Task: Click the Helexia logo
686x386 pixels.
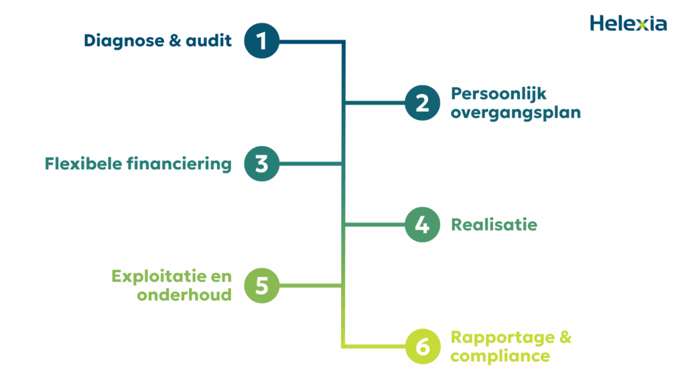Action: (x=628, y=23)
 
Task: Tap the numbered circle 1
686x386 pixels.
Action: (x=261, y=41)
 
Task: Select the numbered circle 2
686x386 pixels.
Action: (x=422, y=103)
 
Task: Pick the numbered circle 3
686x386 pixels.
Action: (x=261, y=164)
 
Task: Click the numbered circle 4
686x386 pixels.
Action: (x=422, y=225)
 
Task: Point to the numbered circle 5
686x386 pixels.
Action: (x=261, y=285)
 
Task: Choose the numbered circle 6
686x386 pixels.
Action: (x=422, y=347)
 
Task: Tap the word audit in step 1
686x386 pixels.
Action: (x=208, y=41)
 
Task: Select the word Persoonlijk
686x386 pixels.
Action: (x=498, y=94)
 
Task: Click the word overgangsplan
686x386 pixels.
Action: (x=515, y=113)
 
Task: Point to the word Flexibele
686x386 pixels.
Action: (x=83, y=164)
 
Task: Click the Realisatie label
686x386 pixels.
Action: (x=494, y=224)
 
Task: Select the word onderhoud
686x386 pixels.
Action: (x=184, y=295)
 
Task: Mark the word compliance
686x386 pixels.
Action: (x=500, y=356)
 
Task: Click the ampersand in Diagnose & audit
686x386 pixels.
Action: (x=175, y=41)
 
